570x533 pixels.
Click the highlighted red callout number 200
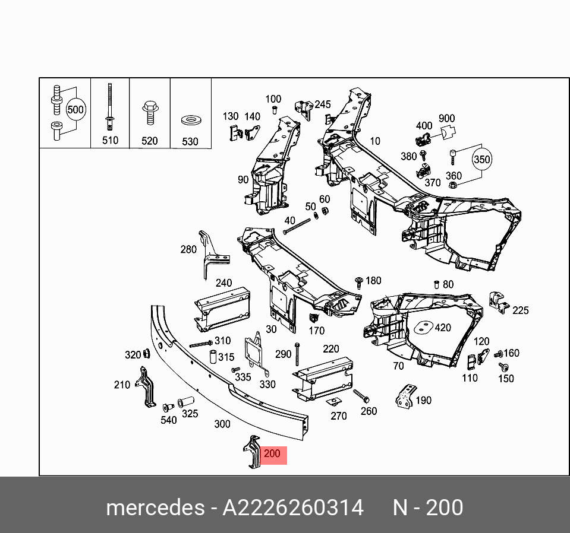pyautogui.click(x=272, y=455)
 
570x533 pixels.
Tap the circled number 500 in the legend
pyautogui.click(x=75, y=110)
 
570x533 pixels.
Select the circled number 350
pyautogui.click(x=482, y=160)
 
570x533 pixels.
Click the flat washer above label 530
pyautogui.click(x=190, y=121)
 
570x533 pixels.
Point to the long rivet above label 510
pyautogui.click(x=110, y=107)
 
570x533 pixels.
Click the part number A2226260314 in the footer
pyautogui.click(x=292, y=508)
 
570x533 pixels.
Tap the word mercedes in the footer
pyautogui.click(x=153, y=508)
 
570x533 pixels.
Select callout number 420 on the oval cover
pyautogui.click(x=442, y=328)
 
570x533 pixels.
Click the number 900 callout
pyautogui.click(x=446, y=119)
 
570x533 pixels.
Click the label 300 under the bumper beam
pyautogui.click(x=222, y=424)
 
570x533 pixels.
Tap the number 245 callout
pyautogui.click(x=322, y=104)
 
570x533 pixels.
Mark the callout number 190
pyautogui.click(x=423, y=401)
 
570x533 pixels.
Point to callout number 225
pyautogui.click(x=520, y=310)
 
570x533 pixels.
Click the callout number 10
pyautogui.click(x=374, y=141)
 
